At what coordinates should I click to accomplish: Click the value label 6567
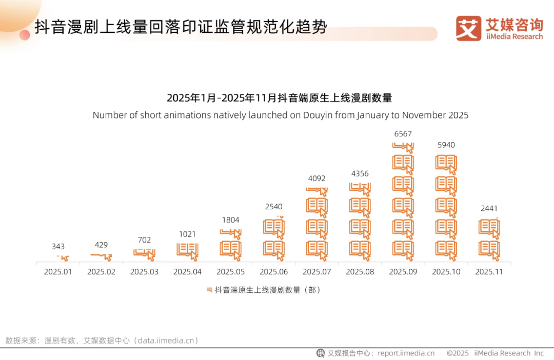(403, 134)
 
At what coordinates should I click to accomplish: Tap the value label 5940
(446, 145)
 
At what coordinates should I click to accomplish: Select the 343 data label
(58, 247)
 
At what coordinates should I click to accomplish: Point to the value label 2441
(489, 209)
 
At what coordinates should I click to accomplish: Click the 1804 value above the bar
(230, 220)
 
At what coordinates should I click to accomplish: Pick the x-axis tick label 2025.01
(58, 272)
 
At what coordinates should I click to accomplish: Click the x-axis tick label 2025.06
(273, 272)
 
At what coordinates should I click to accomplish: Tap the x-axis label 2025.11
(489, 272)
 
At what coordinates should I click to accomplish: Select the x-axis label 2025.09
(403, 272)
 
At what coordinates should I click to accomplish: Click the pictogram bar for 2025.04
(187, 251)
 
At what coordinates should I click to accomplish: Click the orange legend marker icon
(209, 290)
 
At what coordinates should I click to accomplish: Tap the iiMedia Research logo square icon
(468, 28)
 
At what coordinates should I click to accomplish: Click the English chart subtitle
(281, 115)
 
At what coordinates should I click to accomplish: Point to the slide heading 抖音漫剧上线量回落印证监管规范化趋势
(181, 27)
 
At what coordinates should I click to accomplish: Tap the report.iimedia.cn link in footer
(406, 353)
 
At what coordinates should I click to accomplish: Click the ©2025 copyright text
(458, 353)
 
